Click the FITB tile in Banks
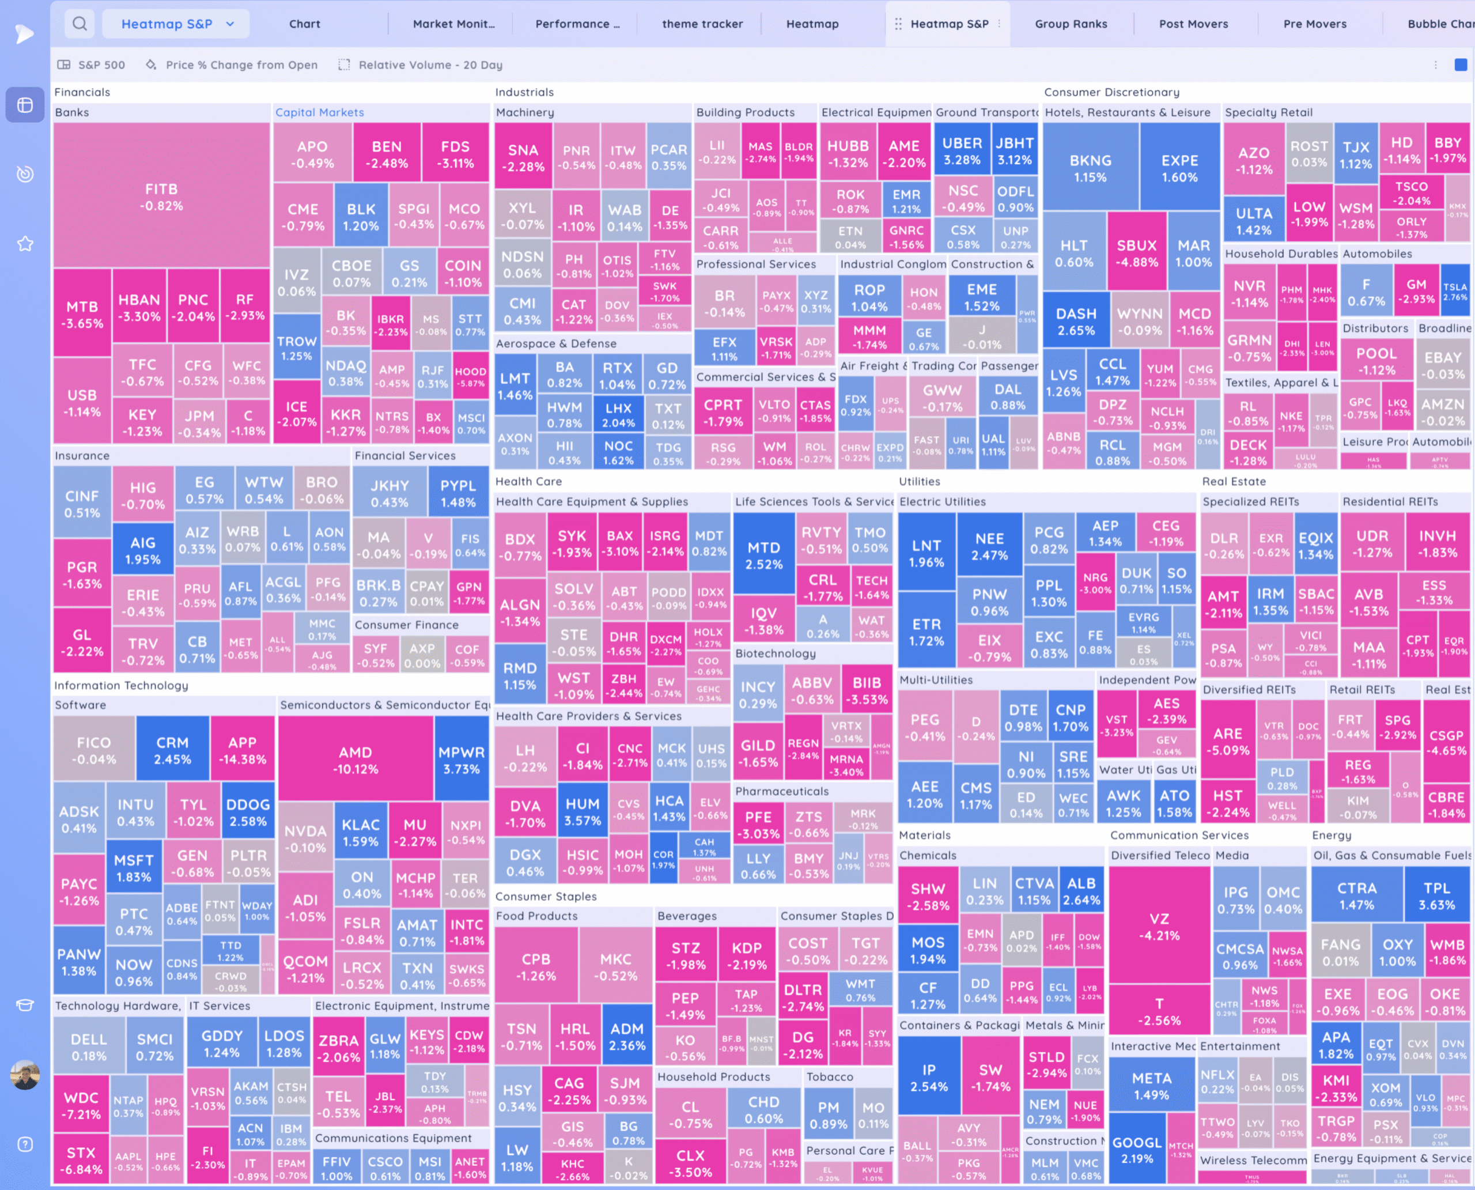[x=162, y=197]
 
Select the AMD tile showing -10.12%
[x=355, y=760]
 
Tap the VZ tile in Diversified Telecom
[x=1159, y=926]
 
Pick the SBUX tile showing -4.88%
[x=1137, y=253]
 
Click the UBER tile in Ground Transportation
[x=962, y=151]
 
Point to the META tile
[x=1152, y=1086]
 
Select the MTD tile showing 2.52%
[x=763, y=556]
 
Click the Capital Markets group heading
[x=319, y=112]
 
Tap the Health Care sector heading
[x=528, y=481]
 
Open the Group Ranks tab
[x=1071, y=24]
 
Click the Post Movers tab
[x=1193, y=24]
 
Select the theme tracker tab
[x=702, y=24]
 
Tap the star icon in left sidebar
[x=25, y=243]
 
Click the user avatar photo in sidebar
[x=25, y=1075]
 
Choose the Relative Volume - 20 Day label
[x=430, y=65]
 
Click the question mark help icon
[x=25, y=1144]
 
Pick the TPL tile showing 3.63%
[x=1436, y=896]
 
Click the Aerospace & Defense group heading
[x=556, y=343]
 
